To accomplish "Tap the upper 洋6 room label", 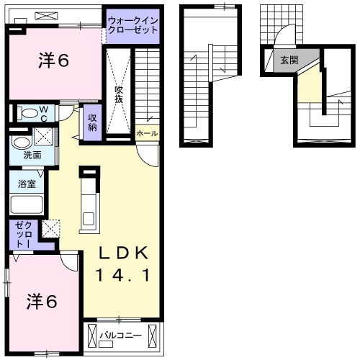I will [53, 62].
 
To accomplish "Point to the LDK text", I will [123, 253].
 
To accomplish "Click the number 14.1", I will [123, 275].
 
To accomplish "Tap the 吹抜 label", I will [119, 94].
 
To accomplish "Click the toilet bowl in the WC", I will [29, 113].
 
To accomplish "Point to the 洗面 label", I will [31, 155].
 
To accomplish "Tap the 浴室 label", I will [27, 184].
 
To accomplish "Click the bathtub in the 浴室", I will [28, 204].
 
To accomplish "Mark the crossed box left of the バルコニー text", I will [92, 336].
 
